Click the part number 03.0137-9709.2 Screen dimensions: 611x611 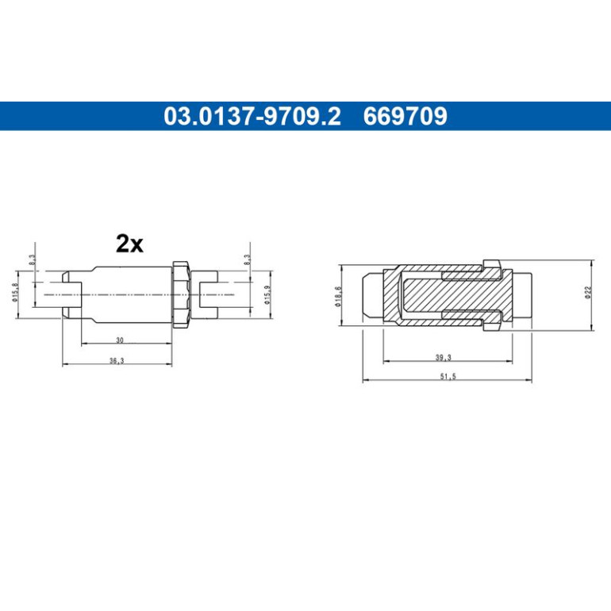252,116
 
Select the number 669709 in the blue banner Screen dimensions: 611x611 405,116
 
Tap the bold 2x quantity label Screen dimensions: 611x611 130,244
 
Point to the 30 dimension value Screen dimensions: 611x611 120,340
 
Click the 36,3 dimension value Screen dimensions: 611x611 117,361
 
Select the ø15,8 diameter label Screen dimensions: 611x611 15,293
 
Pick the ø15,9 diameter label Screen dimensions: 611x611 267,295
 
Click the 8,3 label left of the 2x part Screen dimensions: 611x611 32,260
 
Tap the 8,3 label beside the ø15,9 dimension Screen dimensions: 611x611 247,260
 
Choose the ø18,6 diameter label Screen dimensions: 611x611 338,297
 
